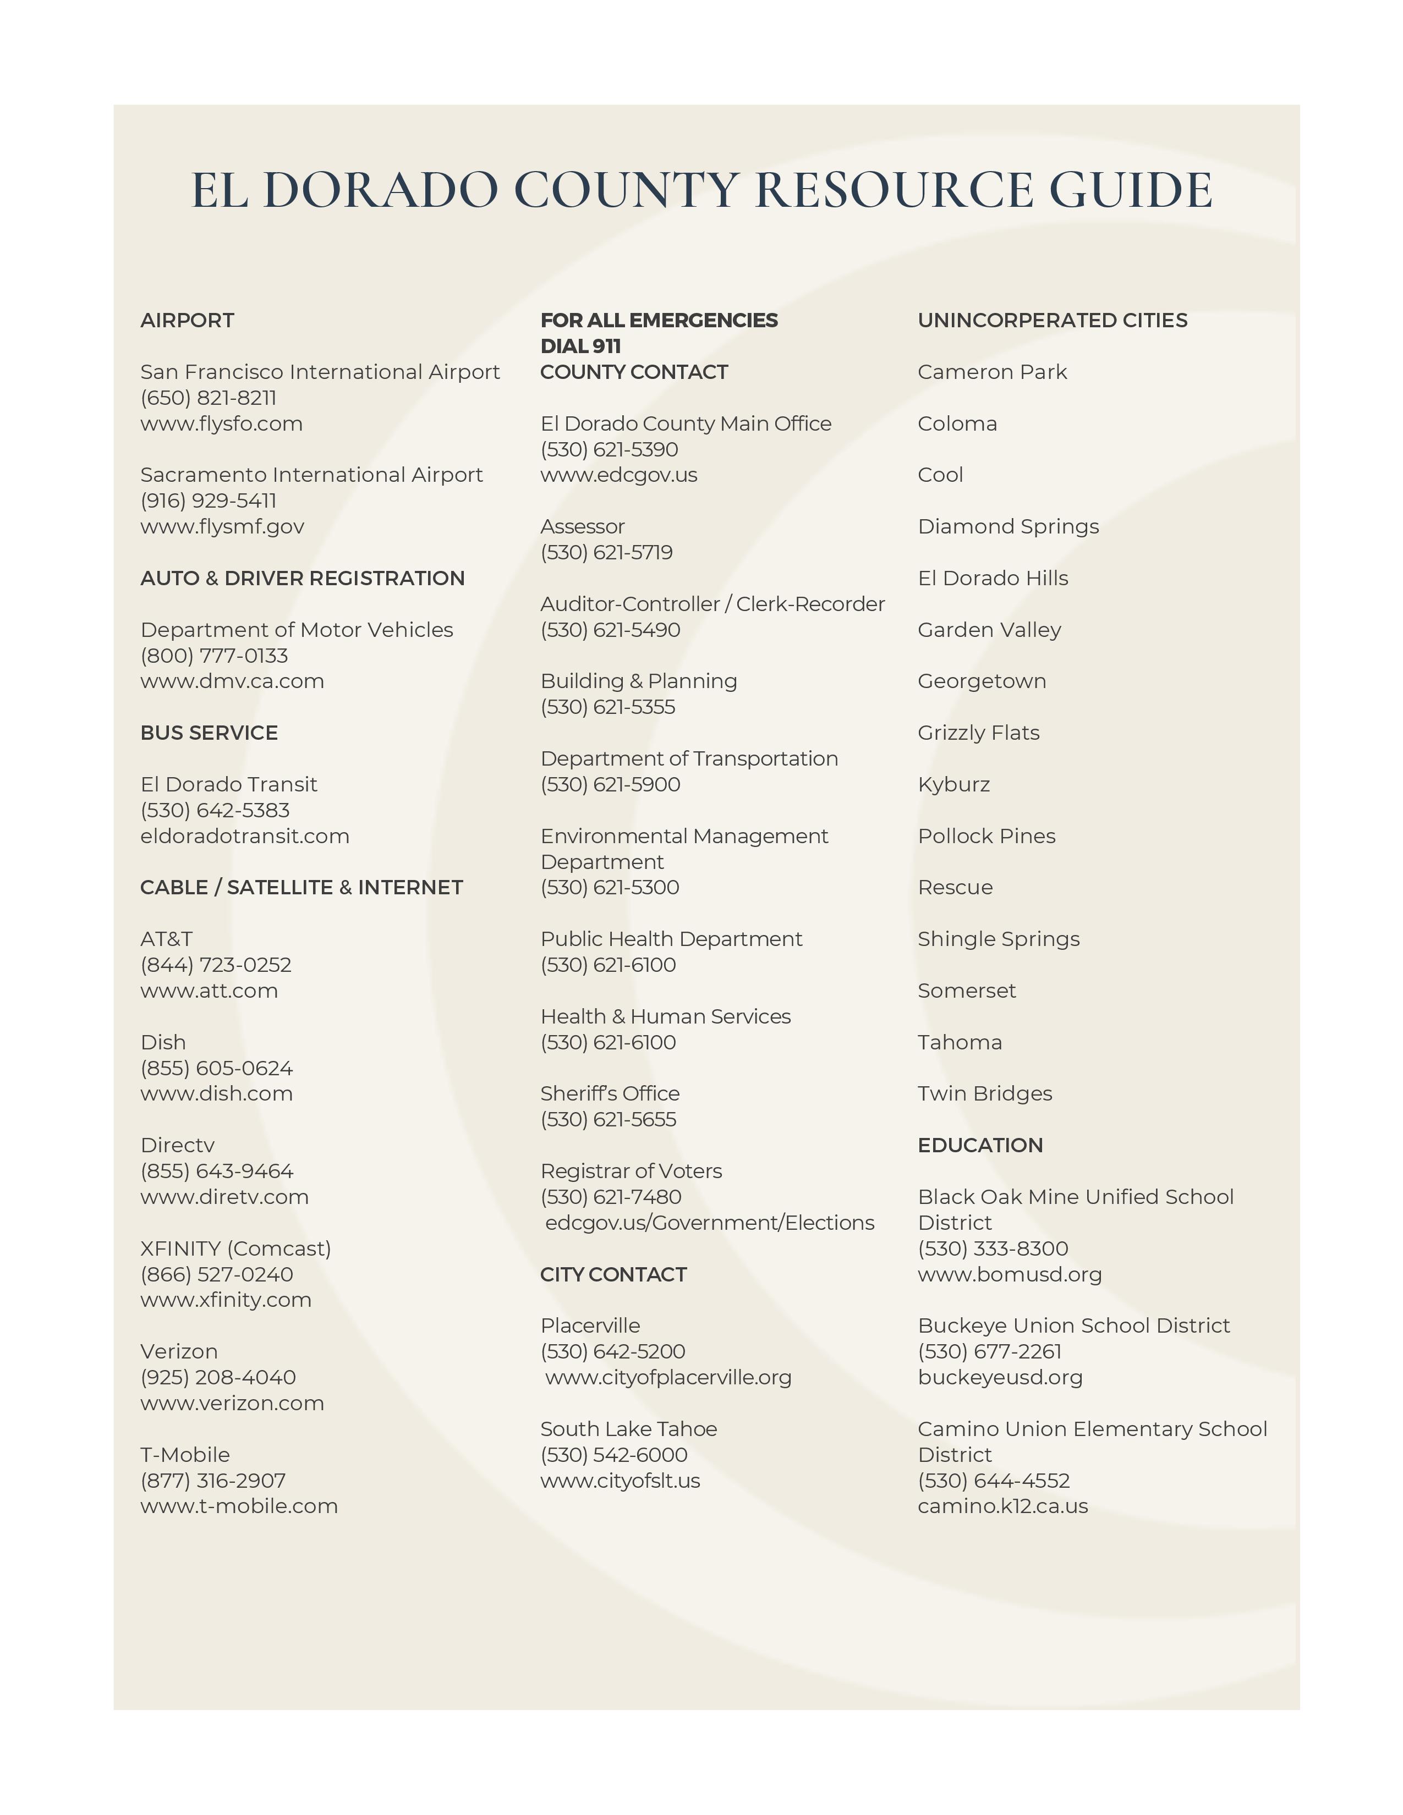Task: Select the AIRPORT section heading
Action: (x=187, y=321)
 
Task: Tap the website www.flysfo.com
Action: (x=221, y=424)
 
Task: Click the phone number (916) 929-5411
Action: (x=208, y=501)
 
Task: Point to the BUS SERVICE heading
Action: (x=209, y=733)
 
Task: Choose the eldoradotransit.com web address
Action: (x=244, y=836)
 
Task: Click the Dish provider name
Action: (x=163, y=1042)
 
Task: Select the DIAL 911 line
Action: (x=580, y=346)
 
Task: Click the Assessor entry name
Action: (x=582, y=527)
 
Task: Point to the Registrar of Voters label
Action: (x=631, y=1171)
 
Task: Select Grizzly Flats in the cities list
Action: (x=978, y=733)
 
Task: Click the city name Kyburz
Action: (x=953, y=784)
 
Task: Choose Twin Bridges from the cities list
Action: (x=984, y=1093)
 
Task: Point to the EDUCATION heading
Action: (x=980, y=1145)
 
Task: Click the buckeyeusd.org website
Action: (x=1000, y=1377)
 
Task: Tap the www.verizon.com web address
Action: (x=232, y=1403)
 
